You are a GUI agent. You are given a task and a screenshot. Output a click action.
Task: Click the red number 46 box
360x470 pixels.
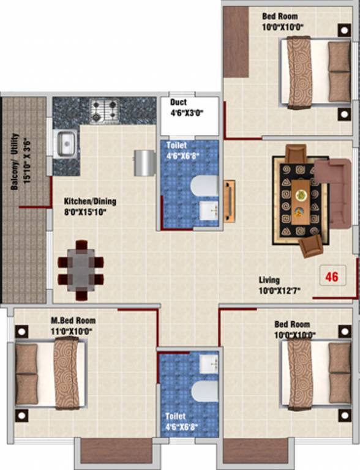pyautogui.click(x=332, y=276)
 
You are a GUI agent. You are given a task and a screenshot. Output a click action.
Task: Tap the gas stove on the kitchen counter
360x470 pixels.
pyautogui.click(x=104, y=111)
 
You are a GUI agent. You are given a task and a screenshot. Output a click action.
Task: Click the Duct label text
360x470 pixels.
pyautogui.click(x=179, y=103)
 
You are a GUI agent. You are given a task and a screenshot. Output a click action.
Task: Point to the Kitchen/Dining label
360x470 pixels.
pyautogui.click(x=90, y=201)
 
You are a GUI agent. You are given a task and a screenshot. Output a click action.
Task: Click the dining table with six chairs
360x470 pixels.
pyautogui.click(x=80, y=270)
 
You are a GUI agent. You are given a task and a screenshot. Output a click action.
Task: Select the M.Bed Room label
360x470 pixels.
pyautogui.click(x=73, y=321)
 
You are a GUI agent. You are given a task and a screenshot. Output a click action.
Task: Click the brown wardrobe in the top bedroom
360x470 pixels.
pyautogui.click(x=235, y=42)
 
